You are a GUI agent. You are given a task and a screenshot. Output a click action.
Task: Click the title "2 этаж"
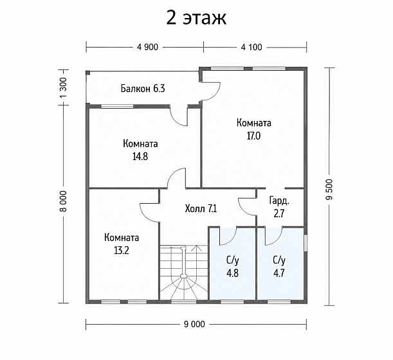[x=196, y=18]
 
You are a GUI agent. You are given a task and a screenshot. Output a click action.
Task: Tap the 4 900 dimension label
[x=148, y=47]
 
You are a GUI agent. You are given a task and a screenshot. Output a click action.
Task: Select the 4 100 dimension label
[x=251, y=47]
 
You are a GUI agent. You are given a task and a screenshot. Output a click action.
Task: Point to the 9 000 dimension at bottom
[x=194, y=324]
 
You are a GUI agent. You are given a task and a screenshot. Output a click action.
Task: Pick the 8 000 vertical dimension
[x=64, y=201]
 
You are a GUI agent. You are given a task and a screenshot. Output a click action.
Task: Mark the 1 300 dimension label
[x=64, y=88]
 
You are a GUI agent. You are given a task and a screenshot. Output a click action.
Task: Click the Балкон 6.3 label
[x=143, y=89]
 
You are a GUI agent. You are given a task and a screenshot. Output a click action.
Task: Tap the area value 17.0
[x=253, y=136]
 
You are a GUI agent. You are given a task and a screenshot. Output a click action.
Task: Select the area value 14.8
[x=140, y=157]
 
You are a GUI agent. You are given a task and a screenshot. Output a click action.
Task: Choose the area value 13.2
[x=122, y=250]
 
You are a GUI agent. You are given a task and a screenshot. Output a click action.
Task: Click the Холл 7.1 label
[x=201, y=208]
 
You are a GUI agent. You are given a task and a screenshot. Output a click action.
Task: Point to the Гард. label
[x=279, y=201]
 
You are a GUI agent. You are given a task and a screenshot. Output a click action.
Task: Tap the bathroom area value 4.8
[x=232, y=273]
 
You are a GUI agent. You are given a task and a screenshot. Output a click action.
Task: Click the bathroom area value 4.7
[x=279, y=273]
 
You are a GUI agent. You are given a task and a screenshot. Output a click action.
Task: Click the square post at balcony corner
[x=87, y=73]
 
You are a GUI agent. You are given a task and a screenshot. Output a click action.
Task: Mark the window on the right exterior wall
[x=306, y=242]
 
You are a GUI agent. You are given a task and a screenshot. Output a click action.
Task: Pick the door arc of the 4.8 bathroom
[x=231, y=239]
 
